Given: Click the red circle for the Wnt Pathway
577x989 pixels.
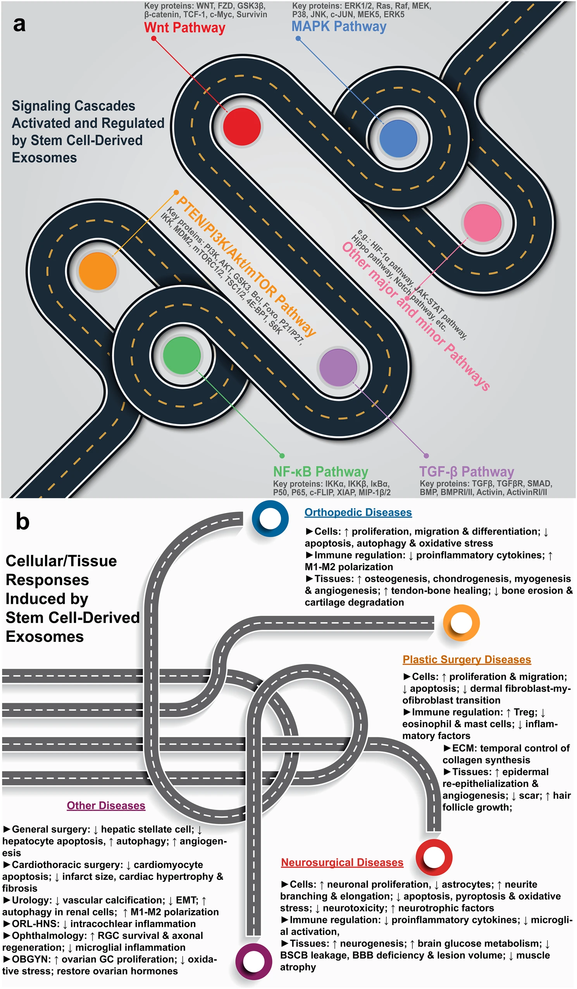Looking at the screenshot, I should coord(242,127).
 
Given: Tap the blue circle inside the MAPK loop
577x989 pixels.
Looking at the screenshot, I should coord(398,138).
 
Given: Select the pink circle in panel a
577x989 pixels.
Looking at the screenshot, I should coord(482,223).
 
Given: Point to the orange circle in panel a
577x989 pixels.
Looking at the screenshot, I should coord(98,271).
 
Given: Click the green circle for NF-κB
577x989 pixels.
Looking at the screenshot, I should coord(182,355).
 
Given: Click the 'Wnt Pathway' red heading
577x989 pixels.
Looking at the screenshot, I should coord(184,28).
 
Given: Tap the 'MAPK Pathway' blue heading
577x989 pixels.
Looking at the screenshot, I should coord(339,26).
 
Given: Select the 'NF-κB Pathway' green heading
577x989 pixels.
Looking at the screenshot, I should coord(320,471).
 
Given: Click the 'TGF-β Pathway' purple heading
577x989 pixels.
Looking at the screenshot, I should coord(467,471).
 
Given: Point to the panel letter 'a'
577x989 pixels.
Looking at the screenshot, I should coord(19,24).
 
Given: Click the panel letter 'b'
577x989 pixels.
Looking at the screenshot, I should coord(22,522).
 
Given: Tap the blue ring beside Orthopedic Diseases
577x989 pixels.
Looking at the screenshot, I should coord(270,519).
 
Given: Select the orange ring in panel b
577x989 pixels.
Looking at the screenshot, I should coord(461,623).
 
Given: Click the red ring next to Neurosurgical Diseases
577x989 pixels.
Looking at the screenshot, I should coord(434,858).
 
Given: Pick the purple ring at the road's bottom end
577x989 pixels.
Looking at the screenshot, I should coord(254,961).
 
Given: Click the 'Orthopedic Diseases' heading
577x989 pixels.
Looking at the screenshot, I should coord(358,513).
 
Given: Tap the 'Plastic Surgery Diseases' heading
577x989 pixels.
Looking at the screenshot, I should coord(467,660).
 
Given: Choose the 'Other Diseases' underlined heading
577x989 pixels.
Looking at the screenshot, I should coord(106,806).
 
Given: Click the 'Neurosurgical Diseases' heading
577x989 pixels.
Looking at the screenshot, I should coord(342,863).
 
